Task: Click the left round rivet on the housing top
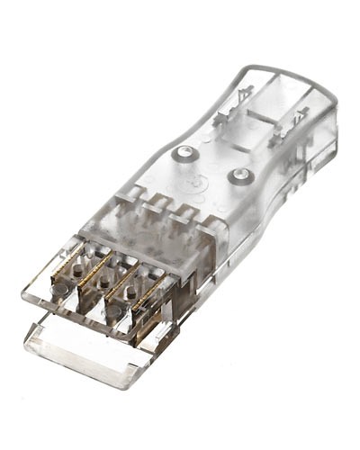click(185, 153)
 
